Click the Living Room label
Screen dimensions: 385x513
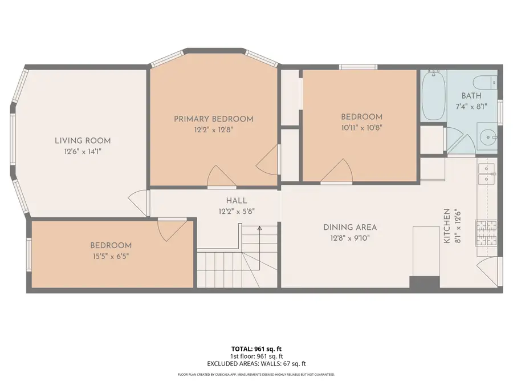(83, 140)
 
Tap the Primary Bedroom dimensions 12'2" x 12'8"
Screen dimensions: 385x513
(213, 129)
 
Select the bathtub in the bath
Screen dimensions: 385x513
(434, 95)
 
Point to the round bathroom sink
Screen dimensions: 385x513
(488, 137)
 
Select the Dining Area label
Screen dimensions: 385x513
(350, 227)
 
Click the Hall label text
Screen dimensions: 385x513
(236, 201)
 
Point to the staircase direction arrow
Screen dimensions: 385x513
(259, 229)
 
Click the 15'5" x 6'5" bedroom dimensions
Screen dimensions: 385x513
(111, 256)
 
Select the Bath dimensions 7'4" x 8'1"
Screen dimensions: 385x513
(471, 107)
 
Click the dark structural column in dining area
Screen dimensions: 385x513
(425, 282)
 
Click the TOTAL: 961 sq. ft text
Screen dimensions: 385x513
(256, 348)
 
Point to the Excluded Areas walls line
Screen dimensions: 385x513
(256, 363)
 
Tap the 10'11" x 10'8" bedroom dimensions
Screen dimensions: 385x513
(361, 128)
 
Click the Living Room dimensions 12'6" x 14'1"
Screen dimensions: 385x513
(83, 152)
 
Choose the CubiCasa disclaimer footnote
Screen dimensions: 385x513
(256, 375)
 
